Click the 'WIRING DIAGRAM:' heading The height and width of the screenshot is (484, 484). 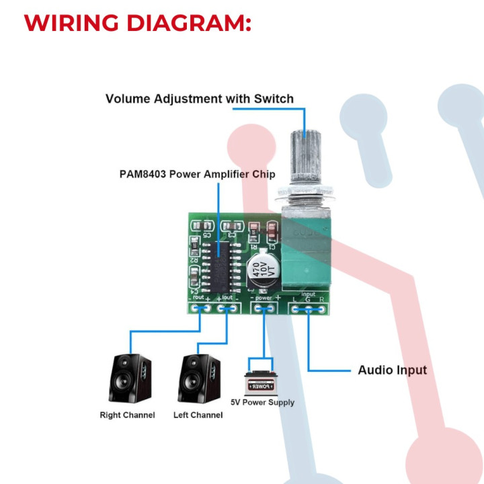(x=137, y=22)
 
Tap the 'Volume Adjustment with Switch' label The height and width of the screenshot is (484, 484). (x=200, y=99)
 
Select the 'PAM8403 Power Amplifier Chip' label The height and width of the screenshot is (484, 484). (x=197, y=175)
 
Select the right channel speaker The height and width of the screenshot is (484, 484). (x=129, y=378)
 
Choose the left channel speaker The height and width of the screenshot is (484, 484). (x=199, y=378)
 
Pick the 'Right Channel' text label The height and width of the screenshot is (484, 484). (x=127, y=415)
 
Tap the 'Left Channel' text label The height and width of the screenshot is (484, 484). (x=198, y=415)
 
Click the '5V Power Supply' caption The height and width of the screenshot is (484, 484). (x=263, y=403)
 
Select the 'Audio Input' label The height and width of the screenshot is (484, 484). (x=392, y=370)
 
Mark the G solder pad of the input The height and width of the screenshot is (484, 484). (x=309, y=309)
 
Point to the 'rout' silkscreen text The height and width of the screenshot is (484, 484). (x=198, y=296)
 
